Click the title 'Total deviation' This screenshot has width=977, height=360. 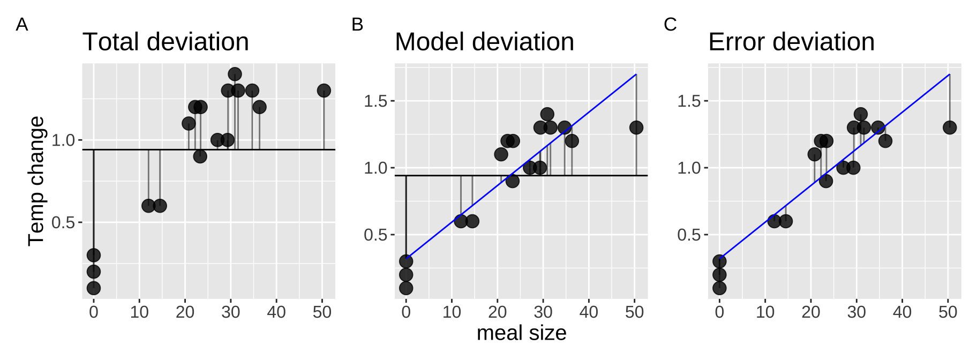pyautogui.click(x=166, y=42)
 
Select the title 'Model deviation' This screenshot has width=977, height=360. pyautogui.click(x=484, y=42)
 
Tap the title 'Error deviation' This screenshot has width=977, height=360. pyautogui.click(x=791, y=42)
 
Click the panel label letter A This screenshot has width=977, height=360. pyautogui.click(x=22, y=25)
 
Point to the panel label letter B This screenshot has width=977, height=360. pyautogui.click(x=357, y=25)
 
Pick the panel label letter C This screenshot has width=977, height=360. pyautogui.click(x=670, y=25)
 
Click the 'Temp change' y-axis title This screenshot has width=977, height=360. pyautogui.click(x=36, y=181)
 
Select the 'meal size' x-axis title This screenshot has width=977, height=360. pyautogui.click(x=521, y=333)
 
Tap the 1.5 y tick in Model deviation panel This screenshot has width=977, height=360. pyautogui.click(x=375, y=101)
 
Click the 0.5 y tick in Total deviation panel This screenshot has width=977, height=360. pyautogui.click(x=63, y=222)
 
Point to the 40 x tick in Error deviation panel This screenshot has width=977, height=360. pyautogui.click(x=902, y=312)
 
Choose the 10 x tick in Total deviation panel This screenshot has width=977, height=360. pyautogui.click(x=139, y=312)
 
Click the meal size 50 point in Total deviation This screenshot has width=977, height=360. pyautogui.click(x=324, y=91)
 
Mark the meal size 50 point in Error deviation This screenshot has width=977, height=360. pyautogui.click(x=949, y=127)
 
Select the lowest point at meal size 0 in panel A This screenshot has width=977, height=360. pyautogui.click(x=94, y=288)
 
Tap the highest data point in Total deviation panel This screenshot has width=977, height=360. pyautogui.click(x=235, y=74)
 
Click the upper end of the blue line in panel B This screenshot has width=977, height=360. pyautogui.click(x=636, y=74)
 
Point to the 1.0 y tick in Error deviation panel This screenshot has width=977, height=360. pyautogui.click(x=689, y=168)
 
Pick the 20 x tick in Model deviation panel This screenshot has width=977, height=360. pyautogui.click(x=497, y=312)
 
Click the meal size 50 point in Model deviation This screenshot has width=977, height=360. pyautogui.click(x=636, y=127)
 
